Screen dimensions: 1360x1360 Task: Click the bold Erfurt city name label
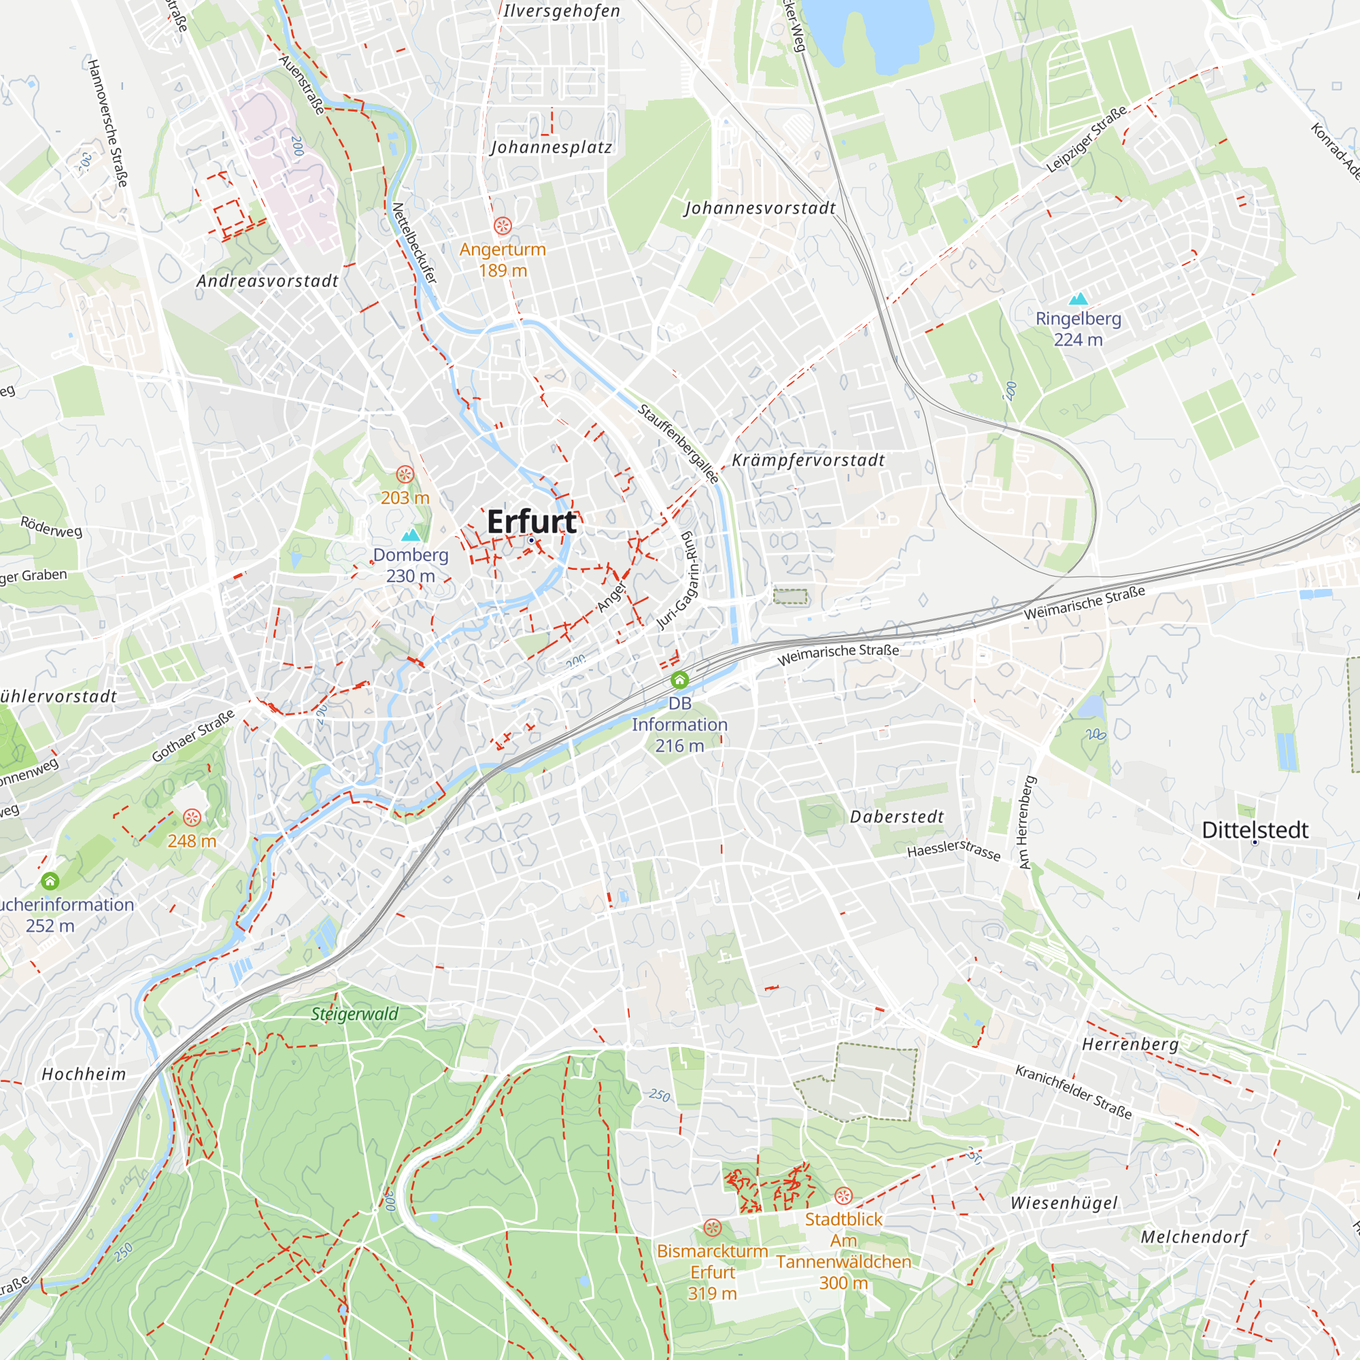click(x=532, y=522)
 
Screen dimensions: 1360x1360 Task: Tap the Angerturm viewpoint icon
click(x=503, y=226)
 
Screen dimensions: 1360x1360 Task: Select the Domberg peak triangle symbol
click(x=411, y=536)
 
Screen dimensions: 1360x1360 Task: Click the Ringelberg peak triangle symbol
click(x=1078, y=299)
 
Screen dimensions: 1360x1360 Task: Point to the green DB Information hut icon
click(x=679, y=680)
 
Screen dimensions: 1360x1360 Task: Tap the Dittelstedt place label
click(x=1255, y=831)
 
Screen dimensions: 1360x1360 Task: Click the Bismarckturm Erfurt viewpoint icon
click(x=713, y=1228)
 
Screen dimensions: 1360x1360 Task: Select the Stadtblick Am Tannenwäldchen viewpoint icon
click(x=843, y=1196)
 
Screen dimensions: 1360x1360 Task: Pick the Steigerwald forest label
click(x=355, y=1015)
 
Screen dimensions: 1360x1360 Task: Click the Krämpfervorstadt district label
click(x=808, y=460)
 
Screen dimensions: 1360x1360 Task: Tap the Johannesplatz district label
click(x=551, y=147)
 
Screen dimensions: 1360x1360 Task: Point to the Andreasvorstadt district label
click(x=267, y=281)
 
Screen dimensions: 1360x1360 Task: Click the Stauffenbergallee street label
click(x=679, y=443)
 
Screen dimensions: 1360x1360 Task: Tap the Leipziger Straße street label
click(x=1085, y=139)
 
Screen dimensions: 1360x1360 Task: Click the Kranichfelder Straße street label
click(x=1073, y=1092)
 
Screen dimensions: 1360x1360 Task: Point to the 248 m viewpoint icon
click(x=192, y=817)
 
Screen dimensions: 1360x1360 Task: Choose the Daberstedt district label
click(x=897, y=817)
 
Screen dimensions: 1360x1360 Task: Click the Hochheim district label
click(x=84, y=1074)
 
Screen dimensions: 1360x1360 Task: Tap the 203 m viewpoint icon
click(x=405, y=475)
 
